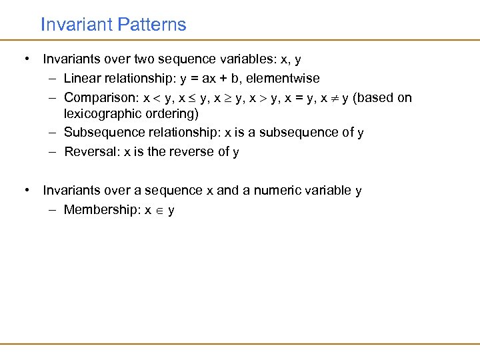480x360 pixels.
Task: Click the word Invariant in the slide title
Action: (75, 25)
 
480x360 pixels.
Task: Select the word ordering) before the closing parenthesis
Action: (168, 113)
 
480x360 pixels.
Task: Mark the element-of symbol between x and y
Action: (159, 211)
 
